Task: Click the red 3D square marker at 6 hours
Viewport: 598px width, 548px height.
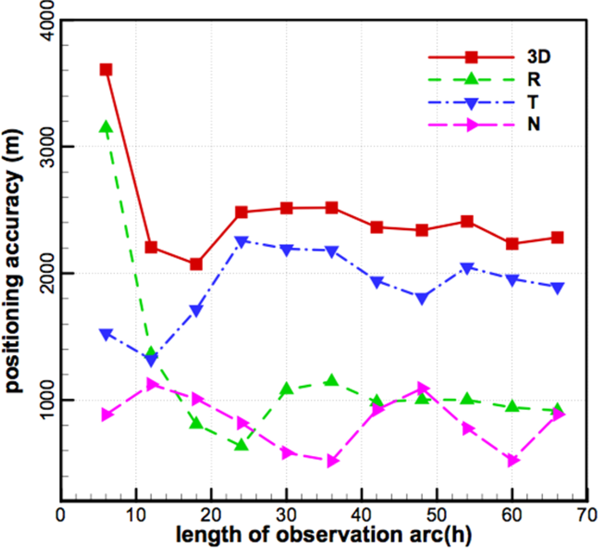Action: [106, 70]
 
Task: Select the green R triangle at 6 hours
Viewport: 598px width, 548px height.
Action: [106, 127]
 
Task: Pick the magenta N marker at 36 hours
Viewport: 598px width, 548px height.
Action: [332, 461]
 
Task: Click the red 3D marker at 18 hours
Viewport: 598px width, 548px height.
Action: [196, 264]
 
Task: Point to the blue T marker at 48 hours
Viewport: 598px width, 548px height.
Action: [422, 298]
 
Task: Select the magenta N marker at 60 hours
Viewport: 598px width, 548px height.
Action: [513, 460]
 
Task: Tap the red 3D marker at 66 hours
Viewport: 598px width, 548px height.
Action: [557, 238]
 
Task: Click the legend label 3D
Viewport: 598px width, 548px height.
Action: [539, 56]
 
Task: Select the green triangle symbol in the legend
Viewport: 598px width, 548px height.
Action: [471, 79]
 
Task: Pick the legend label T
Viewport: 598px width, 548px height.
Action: [533, 102]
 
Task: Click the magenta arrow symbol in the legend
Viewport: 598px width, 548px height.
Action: [472, 125]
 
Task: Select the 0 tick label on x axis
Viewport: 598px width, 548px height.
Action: [61, 516]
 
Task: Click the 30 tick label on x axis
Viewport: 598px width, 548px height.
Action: [286, 516]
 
